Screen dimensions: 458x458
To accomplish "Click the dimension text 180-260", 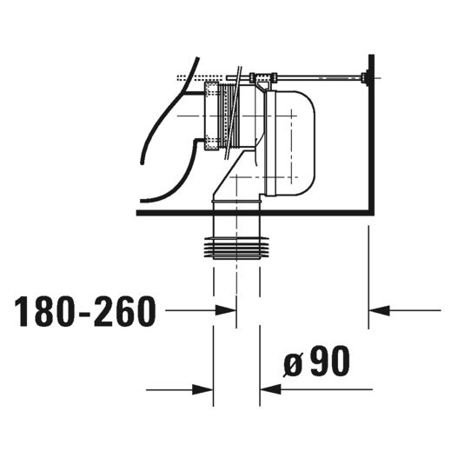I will point(85,310).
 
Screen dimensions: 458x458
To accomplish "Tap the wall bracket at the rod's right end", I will point(369,79).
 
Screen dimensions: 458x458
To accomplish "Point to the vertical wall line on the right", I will point(370,139).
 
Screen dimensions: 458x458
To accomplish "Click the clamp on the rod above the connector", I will point(260,79).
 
